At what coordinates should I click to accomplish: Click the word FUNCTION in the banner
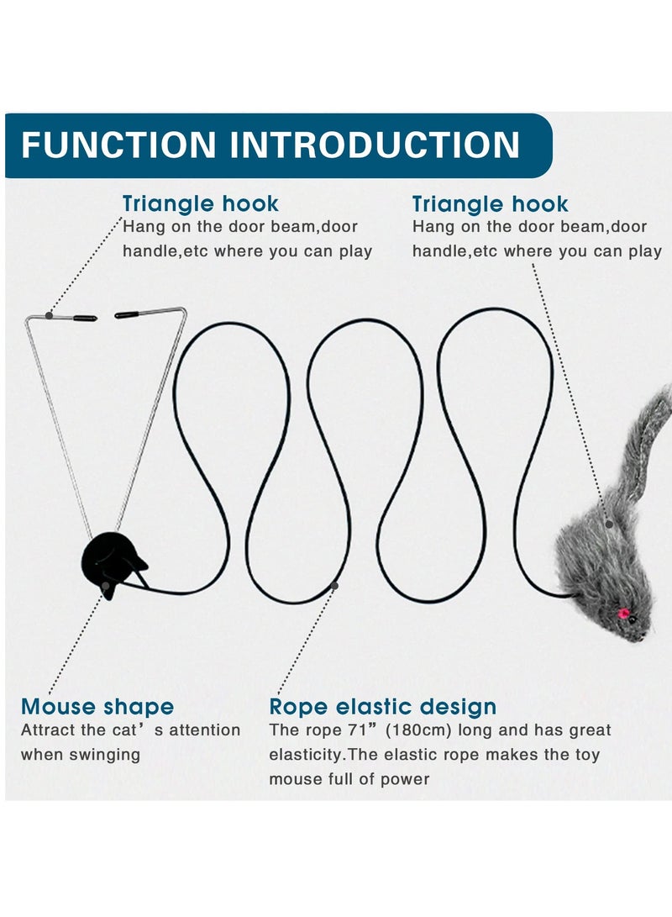point(118,145)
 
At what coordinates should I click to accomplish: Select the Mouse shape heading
point(97,706)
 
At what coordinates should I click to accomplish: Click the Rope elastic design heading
point(383,706)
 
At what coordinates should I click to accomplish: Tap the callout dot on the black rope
point(334,585)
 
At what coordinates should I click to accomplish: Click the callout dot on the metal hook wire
point(50,316)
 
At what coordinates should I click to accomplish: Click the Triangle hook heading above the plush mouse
point(490,204)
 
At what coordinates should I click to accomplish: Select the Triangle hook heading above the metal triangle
point(200,204)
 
